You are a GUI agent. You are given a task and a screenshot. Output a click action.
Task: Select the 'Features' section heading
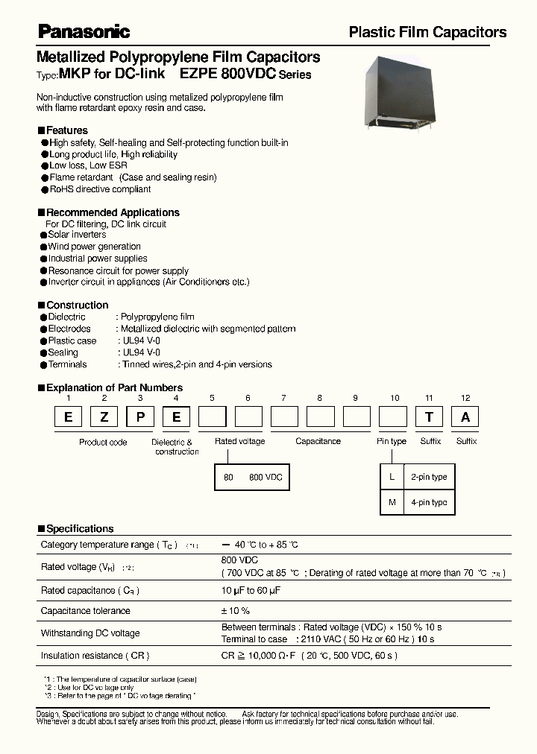[x=67, y=130]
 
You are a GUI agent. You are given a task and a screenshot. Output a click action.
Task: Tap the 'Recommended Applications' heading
[x=113, y=212]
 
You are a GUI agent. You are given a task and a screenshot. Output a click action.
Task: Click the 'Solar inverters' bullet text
[x=78, y=235]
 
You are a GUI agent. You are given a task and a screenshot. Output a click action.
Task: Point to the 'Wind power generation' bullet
[x=94, y=247]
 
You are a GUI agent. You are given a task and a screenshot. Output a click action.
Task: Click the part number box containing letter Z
[x=104, y=417]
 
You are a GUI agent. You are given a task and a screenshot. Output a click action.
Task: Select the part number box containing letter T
[x=429, y=417]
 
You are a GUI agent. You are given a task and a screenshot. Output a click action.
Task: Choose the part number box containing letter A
[x=465, y=417]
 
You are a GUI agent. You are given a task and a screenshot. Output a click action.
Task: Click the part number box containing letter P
[x=140, y=417]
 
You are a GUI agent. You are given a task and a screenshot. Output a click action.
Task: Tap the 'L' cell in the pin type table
[x=392, y=477]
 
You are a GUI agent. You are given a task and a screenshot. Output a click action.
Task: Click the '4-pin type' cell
[x=429, y=502]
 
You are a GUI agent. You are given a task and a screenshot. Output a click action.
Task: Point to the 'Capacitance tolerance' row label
[x=86, y=611]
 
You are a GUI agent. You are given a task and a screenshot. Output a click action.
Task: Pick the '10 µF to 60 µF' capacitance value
[x=251, y=590]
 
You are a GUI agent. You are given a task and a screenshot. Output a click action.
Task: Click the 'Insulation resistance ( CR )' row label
[x=95, y=656]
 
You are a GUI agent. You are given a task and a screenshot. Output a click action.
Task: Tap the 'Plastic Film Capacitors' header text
[x=427, y=32]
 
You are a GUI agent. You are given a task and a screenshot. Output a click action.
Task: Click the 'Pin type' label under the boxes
[x=392, y=441]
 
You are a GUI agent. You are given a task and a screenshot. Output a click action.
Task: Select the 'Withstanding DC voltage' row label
[x=90, y=633]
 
